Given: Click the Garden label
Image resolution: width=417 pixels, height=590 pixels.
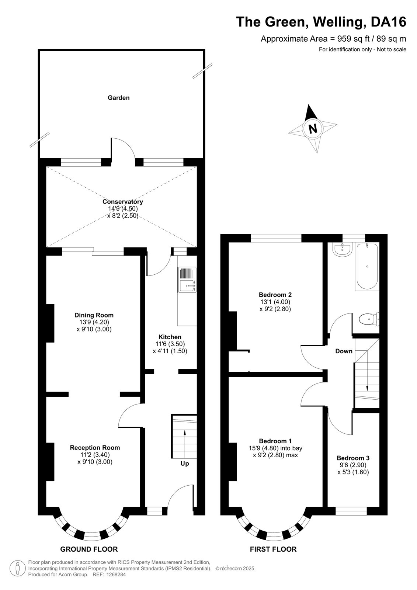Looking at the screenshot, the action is point(119,98).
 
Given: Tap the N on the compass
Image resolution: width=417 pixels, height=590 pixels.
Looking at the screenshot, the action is point(313,129).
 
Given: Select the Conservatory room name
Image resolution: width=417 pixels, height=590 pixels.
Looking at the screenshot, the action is point(123,201).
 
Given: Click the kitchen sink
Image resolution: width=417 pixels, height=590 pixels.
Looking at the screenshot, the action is point(187,280).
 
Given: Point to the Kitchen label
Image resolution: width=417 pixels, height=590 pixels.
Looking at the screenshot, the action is point(170,337).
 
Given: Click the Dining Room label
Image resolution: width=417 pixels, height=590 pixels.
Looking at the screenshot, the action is point(94,315).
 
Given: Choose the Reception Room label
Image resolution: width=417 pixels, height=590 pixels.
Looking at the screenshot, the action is point(95,448).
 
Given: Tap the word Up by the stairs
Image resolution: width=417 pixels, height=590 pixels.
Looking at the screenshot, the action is point(185,464).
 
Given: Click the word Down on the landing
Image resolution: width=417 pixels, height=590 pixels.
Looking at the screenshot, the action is point(344,351).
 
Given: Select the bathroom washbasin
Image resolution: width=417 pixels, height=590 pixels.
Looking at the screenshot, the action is point(342,249).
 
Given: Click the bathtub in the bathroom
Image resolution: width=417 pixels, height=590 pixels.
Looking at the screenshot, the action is point(367,267).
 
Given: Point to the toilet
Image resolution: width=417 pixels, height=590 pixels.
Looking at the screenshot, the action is point(369,319).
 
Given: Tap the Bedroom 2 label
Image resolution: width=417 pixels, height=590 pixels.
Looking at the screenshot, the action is point(275,295).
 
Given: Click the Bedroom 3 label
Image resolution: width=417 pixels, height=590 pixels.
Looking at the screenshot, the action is point(353,458).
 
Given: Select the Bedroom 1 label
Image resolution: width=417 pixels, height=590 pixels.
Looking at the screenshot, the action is point(275,441).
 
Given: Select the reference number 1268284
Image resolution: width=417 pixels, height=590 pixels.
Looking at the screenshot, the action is point(116,575).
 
